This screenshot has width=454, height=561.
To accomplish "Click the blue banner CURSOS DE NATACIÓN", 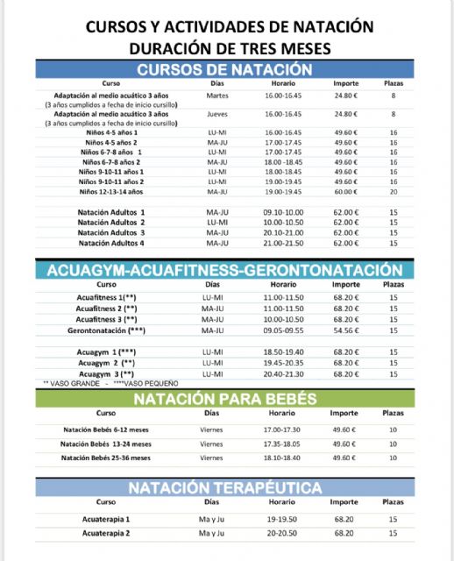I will click(x=224, y=70).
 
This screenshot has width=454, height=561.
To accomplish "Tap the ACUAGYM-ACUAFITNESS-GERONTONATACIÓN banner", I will click(x=224, y=271).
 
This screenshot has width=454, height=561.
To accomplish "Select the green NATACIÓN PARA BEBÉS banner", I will click(x=224, y=399).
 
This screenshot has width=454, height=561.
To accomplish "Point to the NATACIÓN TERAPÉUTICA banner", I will click(x=224, y=488).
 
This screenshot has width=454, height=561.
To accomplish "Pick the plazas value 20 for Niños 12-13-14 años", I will click(x=394, y=191).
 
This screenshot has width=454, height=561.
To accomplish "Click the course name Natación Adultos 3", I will click(x=111, y=232).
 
